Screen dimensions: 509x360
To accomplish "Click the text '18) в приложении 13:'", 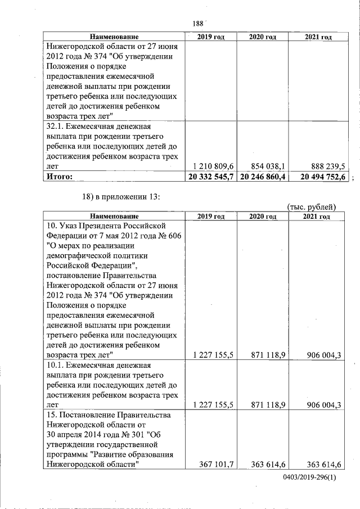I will (x=122, y=197).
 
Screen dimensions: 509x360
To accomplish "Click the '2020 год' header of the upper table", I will (x=263, y=37).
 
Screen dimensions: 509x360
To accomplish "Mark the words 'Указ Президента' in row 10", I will (x=87, y=225).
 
